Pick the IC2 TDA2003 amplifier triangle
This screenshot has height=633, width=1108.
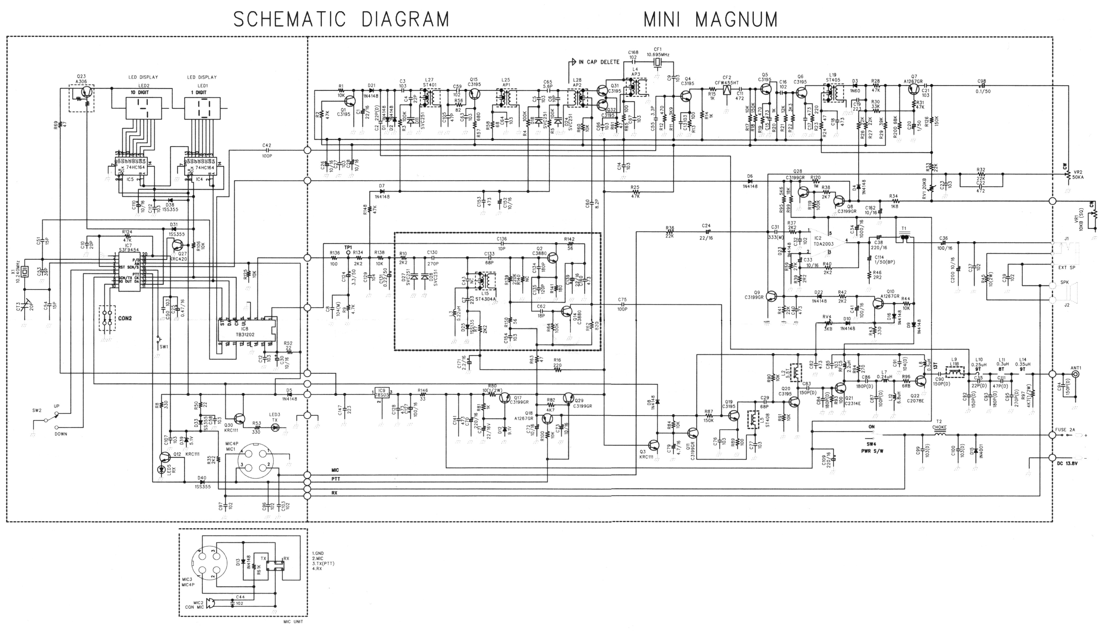coord(824,242)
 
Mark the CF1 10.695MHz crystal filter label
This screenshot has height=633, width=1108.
coord(658,52)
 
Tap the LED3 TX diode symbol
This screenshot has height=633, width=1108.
coord(275,428)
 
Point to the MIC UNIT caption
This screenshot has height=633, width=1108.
coord(293,621)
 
